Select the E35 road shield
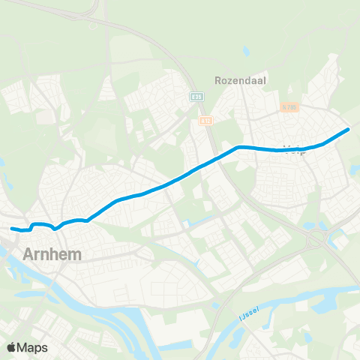[x=196, y=97]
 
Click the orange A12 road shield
[x=206, y=119]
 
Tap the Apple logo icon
[x=11, y=347]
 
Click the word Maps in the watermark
[x=32, y=347]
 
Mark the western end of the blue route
[x=11, y=229]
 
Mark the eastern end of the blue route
[x=348, y=130]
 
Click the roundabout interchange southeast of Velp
[x=314, y=239]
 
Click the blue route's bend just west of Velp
[x=238, y=147]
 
